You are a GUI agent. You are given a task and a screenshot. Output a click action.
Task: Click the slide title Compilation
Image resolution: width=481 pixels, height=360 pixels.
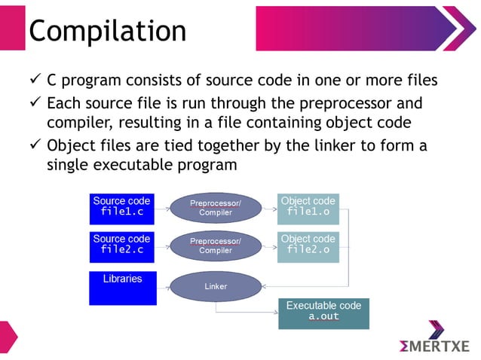107,31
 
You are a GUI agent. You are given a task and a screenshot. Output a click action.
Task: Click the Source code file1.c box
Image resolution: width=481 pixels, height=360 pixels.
122,207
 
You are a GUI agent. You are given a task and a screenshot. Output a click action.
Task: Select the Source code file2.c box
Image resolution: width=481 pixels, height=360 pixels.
122,245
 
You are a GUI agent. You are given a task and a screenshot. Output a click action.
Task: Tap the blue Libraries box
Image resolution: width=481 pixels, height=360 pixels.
122,288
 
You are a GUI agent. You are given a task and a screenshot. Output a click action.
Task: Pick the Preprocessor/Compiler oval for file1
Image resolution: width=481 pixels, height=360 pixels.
216,207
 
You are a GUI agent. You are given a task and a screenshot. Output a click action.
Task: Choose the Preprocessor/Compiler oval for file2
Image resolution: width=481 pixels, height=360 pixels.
216,246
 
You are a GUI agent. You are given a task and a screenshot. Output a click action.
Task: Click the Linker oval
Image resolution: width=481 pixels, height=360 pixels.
216,286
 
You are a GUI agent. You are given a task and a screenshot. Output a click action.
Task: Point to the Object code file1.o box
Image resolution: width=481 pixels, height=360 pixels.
308,207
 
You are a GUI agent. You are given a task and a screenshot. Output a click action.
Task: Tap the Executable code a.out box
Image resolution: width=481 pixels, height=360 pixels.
323,313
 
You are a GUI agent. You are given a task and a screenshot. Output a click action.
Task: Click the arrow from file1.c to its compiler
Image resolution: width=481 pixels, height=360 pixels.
163,207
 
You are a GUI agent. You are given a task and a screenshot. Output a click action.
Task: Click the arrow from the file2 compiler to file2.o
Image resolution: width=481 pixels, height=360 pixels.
268,246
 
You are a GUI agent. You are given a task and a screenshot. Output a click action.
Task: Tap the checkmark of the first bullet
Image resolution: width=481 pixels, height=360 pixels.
35,80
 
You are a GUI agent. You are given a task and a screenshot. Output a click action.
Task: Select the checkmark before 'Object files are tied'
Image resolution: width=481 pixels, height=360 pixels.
35,146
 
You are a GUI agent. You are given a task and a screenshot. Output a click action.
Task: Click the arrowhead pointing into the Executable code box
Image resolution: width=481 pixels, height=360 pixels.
274,313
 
